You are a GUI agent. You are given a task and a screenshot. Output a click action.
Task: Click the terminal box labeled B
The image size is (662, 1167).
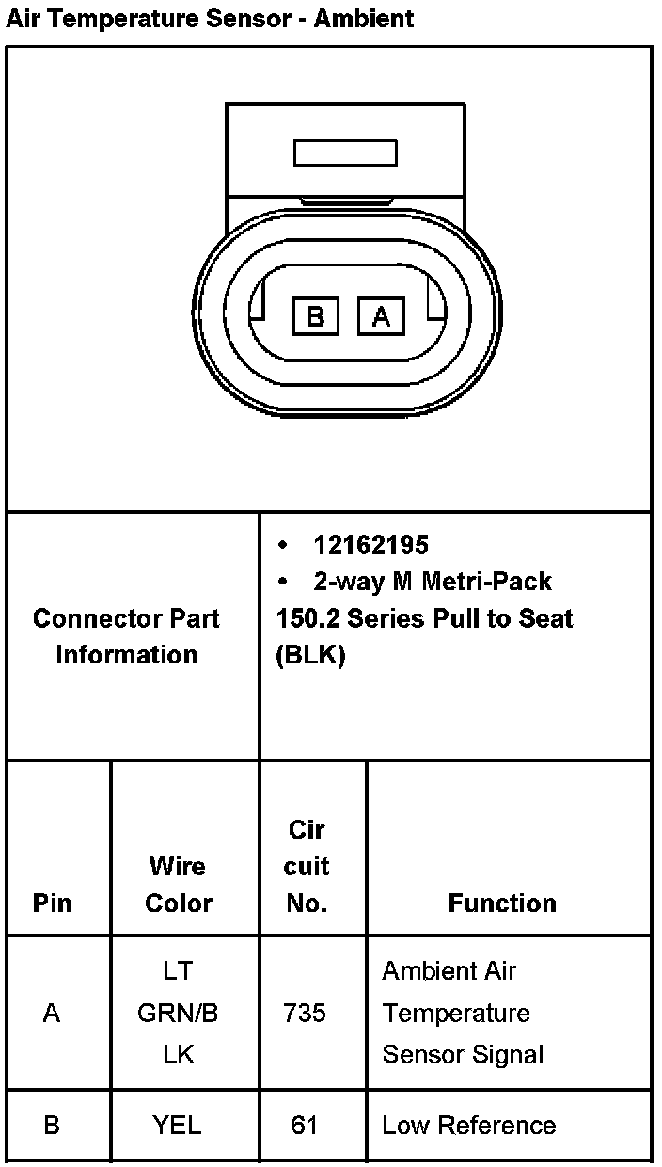(316, 316)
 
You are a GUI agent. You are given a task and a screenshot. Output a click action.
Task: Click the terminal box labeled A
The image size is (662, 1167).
(381, 316)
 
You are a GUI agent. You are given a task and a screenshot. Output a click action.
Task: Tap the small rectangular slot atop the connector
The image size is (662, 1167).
(344, 153)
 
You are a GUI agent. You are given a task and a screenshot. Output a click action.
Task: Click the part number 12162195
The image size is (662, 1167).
(370, 545)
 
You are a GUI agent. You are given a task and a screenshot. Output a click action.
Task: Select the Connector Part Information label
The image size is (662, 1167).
(126, 636)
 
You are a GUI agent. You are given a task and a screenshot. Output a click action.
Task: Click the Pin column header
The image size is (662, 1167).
(52, 903)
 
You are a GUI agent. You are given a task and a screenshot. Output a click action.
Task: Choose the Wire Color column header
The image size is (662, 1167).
(178, 884)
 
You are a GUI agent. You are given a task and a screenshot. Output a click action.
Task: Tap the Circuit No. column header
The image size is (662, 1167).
(307, 866)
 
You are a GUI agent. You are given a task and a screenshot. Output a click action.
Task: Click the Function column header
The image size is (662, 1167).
(502, 903)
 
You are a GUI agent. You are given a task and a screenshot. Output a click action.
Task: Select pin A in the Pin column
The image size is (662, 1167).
(52, 1013)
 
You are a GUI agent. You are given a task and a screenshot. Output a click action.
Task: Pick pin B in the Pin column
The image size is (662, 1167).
(52, 1125)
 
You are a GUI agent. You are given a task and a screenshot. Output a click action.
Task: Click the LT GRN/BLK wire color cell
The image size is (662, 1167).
(178, 1013)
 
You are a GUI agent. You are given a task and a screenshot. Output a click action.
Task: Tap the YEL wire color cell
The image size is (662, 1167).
(178, 1125)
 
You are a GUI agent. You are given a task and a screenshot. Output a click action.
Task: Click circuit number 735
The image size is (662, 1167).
(305, 1013)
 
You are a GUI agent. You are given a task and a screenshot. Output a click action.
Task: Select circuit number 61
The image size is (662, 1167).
(305, 1125)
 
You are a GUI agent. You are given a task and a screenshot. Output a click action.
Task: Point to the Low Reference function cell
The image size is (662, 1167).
(468, 1125)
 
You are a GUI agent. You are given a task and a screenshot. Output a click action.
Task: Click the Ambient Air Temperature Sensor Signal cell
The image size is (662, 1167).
(463, 1013)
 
